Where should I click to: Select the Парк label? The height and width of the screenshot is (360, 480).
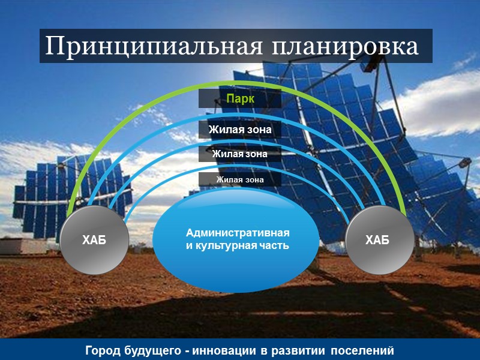[x=240, y=98]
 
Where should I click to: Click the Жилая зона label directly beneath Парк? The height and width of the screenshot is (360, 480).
[x=240, y=130]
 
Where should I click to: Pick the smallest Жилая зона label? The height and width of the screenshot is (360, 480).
[x=240, y=179]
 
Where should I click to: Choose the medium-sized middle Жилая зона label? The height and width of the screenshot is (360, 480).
[x=240, y=154]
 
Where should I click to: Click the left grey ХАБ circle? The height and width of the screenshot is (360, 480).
[x=94, y=241]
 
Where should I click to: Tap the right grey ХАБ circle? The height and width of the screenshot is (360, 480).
[x=377, y=241]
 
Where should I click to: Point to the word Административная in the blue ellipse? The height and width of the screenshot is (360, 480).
[x=238, y=233]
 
